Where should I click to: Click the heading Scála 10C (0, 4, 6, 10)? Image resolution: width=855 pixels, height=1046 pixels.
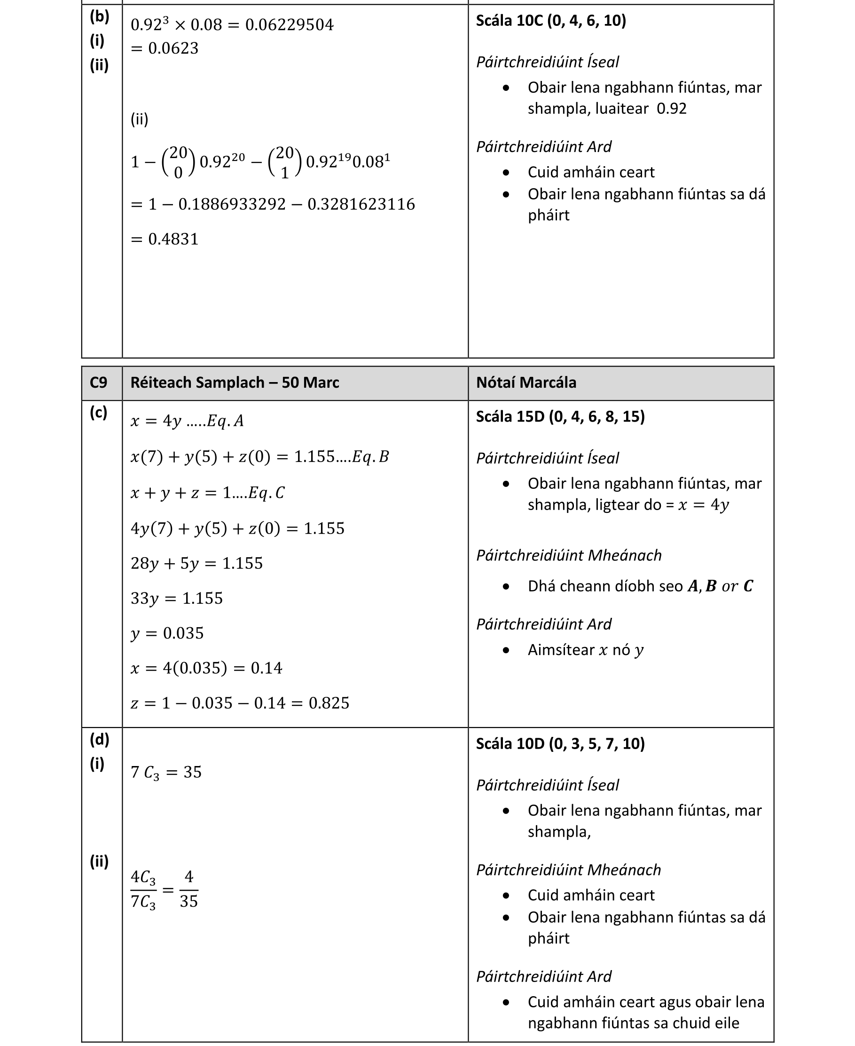550,21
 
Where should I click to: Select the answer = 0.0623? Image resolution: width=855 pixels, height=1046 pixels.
165,48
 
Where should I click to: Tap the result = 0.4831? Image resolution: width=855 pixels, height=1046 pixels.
165,239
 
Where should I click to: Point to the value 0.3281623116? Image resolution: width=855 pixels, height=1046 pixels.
361,204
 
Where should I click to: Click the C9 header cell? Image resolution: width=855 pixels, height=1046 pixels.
99,383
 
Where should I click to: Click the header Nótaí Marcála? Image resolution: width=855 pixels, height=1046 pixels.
526,383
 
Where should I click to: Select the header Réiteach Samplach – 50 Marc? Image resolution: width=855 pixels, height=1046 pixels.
235,383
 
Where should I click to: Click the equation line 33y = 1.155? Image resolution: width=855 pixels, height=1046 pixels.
176,599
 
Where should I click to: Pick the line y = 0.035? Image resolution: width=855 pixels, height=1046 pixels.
167,633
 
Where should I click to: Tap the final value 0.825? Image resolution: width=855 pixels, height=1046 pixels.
329,703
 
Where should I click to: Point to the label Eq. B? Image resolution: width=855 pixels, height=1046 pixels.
370,457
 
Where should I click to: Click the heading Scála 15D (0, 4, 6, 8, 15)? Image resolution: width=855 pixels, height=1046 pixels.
560,416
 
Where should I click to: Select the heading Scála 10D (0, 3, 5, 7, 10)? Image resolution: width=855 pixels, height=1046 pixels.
560,743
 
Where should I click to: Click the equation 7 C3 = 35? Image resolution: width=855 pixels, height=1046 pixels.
166,773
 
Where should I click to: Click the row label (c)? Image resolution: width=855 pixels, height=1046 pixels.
99,413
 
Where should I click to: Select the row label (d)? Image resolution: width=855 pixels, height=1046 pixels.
99,739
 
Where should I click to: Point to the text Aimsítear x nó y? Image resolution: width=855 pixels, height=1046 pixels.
585,650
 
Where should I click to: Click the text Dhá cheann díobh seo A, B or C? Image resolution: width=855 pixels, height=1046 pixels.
640,586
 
